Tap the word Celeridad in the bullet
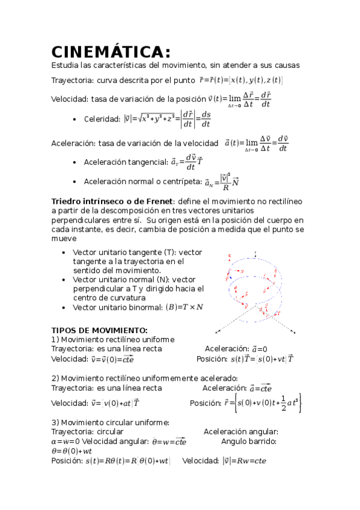click(102, 119)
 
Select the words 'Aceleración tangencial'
click(125, 162)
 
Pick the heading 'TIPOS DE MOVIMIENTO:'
click(99, 330)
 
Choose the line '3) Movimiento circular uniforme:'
click(110, 422)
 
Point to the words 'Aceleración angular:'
click(241, 432)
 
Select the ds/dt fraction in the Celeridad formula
click(206, 119)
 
